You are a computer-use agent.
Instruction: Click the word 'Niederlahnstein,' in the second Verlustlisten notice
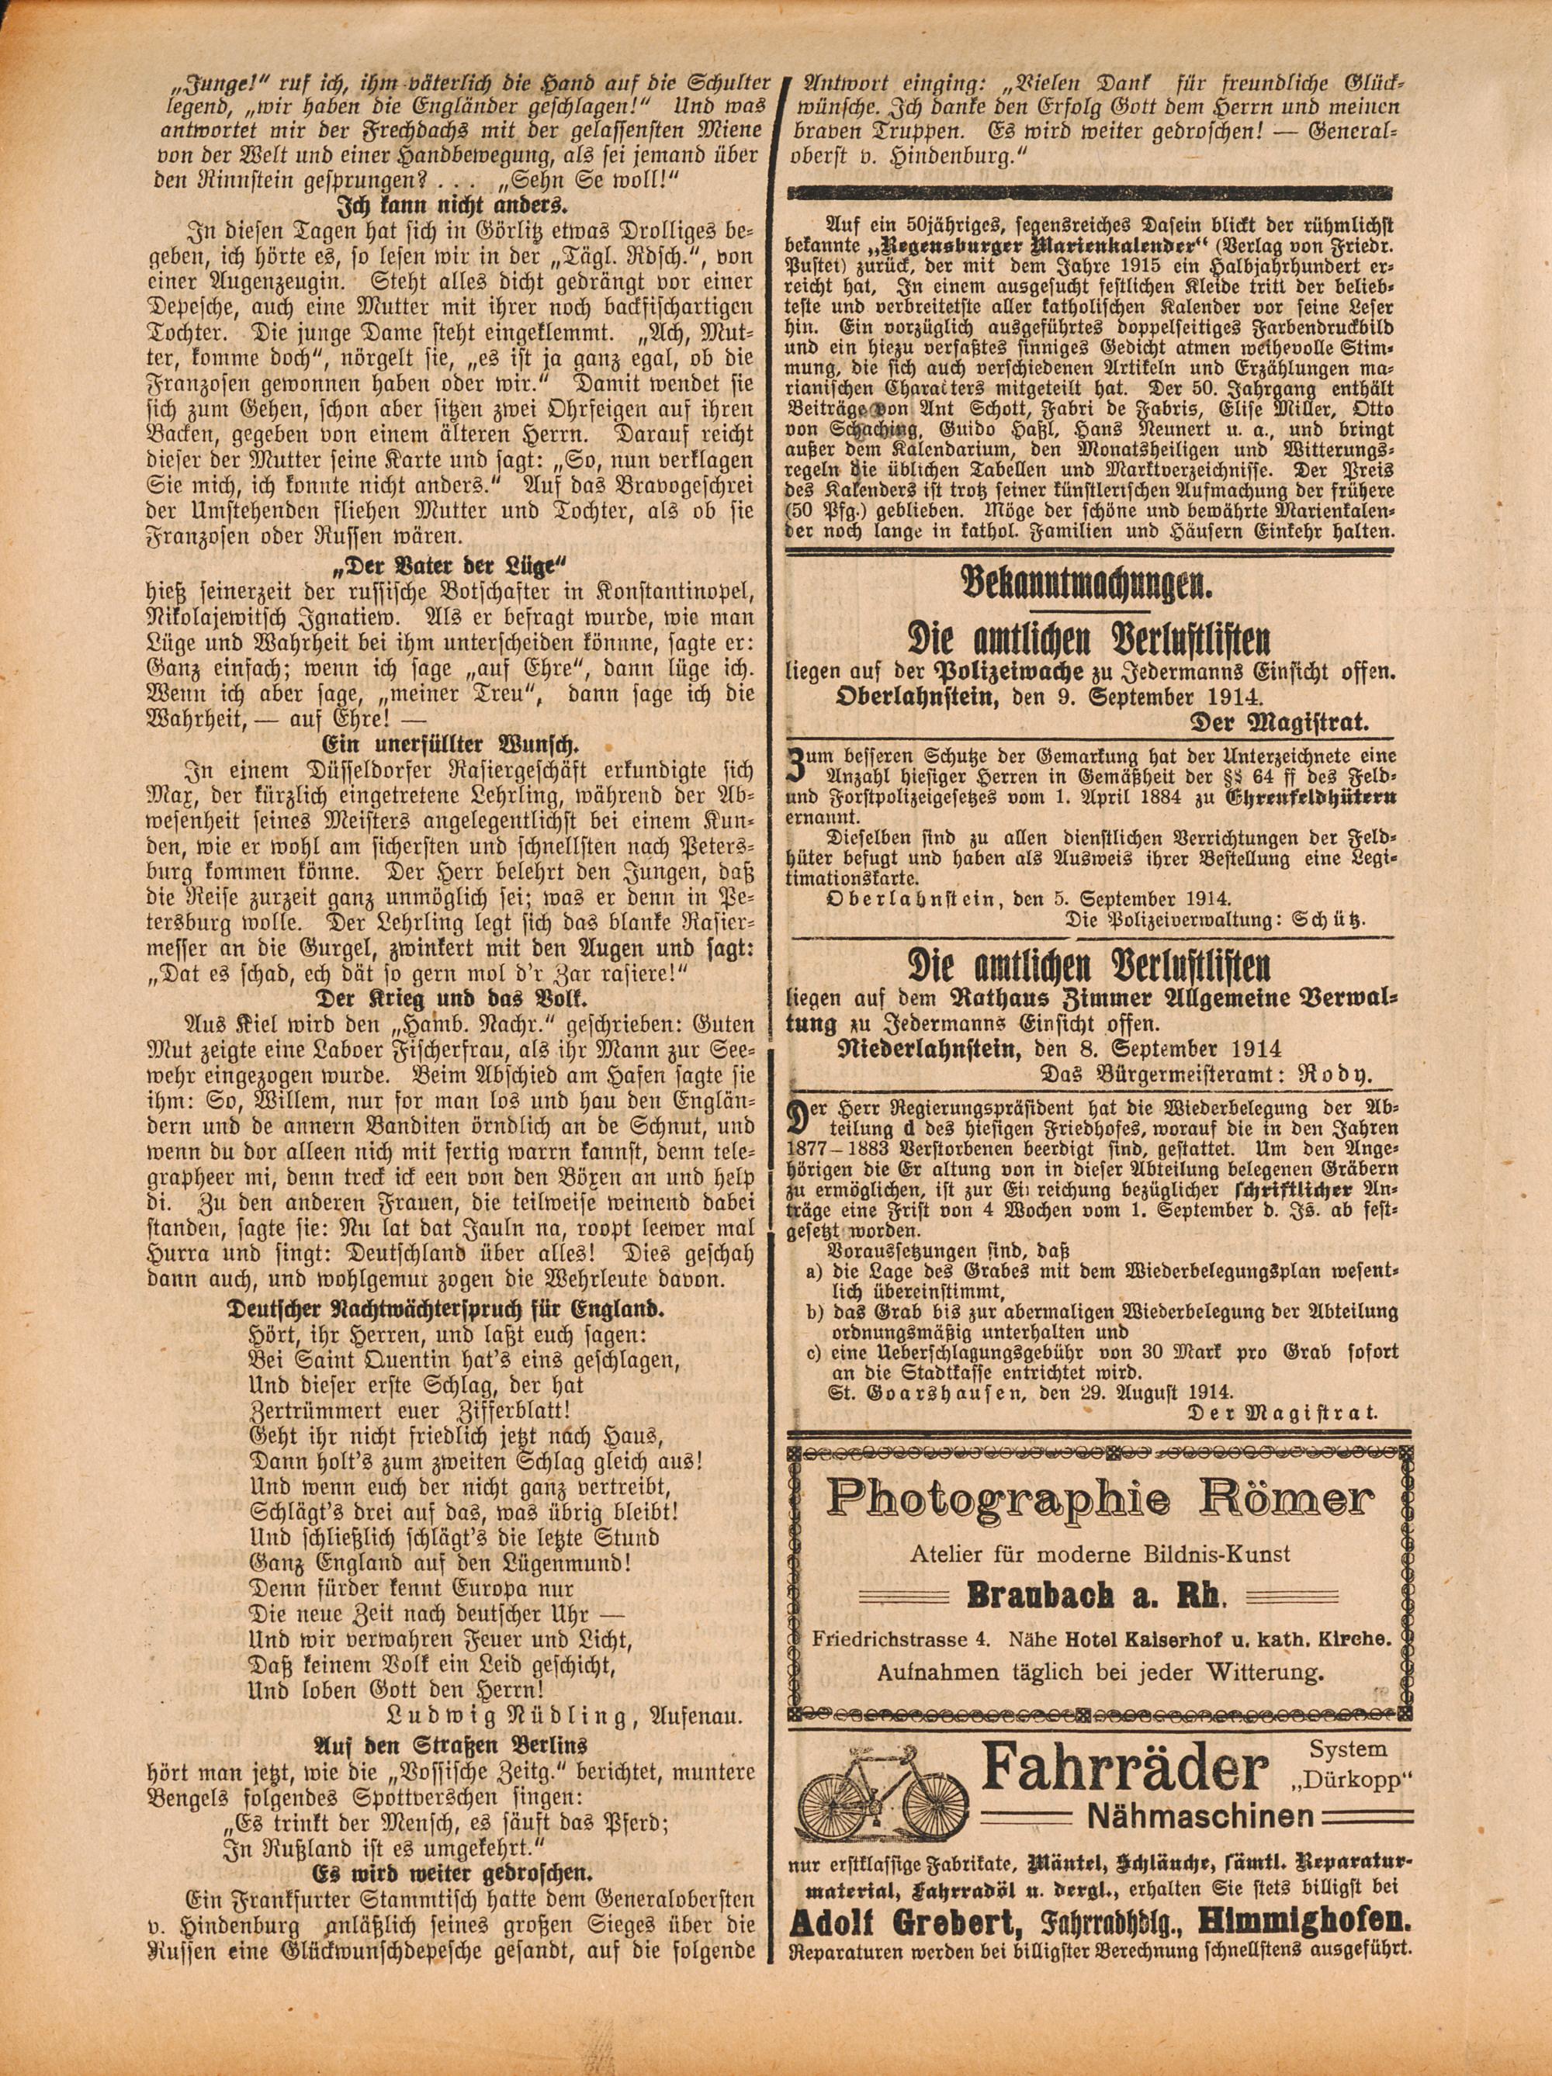click(930, 1048)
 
